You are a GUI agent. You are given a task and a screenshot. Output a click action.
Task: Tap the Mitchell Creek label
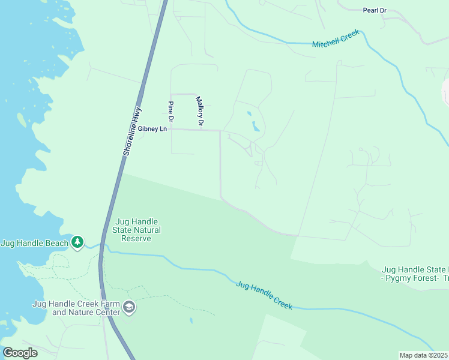pyautogui.click(x=336, y=40)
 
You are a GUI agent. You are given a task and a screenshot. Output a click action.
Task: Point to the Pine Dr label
pyautogui.click(x=170, y=112)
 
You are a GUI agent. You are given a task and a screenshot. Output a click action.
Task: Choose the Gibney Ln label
pyautogui.click(x=152, y=128)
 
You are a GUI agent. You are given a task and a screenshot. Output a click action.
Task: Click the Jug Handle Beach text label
pyautogui.click(x=34, y=242)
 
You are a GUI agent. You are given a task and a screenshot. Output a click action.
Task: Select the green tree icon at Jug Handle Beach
pyautogui.click(x=77, y=242)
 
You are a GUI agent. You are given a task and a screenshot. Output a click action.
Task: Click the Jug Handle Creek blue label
pyautogui.click(x=264, y=295)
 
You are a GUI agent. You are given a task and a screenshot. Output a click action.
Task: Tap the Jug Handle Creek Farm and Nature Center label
pyautogui.click(x=77, y=308)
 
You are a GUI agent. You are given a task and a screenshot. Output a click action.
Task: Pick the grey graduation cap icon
pyautogui.click(x=128, y=308)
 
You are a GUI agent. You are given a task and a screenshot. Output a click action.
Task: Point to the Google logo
pyautogui.click(x=20, y=353)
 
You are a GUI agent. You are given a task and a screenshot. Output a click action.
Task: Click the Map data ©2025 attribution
pyautogui.click(x=423, y=355)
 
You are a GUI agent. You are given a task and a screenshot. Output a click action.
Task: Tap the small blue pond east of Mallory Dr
pyautogui.click(x=256, y=126)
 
